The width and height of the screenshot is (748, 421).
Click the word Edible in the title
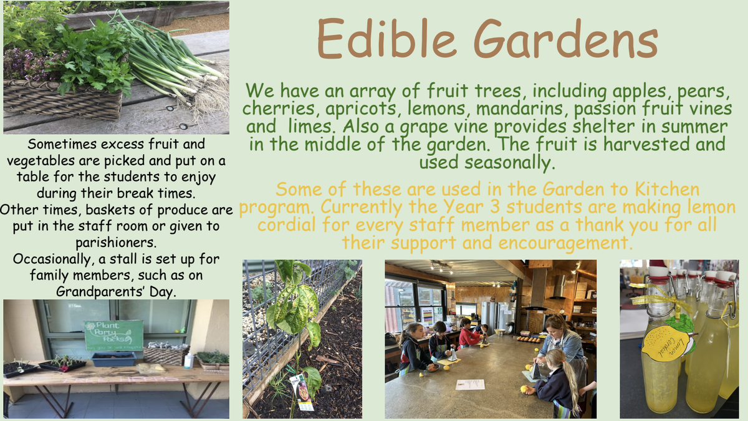pyautogui.click(x=386, y=39)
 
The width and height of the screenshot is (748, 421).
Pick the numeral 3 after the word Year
pyautogui.click(x=494, y=207)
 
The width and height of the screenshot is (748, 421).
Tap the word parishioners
pyautogui.click(x=115, y=243)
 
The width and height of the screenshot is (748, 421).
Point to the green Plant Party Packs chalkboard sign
pyautogui.click(x=113, y=335)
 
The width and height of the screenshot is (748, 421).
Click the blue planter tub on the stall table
pyautogui.click(x=113, y=359)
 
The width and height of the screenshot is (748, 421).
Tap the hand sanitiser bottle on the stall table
pyautogui.click(x=189, y=359)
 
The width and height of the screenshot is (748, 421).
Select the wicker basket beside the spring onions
pyautogui.click(x=63, y=99)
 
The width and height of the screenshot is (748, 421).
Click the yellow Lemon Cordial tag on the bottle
pyautogui.click(x=667, y=343)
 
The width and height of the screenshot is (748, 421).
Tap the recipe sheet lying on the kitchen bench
pyautogui.click(x=470, y=384)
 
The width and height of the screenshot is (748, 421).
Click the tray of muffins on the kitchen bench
pyautogui.click(x=529, y=340)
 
